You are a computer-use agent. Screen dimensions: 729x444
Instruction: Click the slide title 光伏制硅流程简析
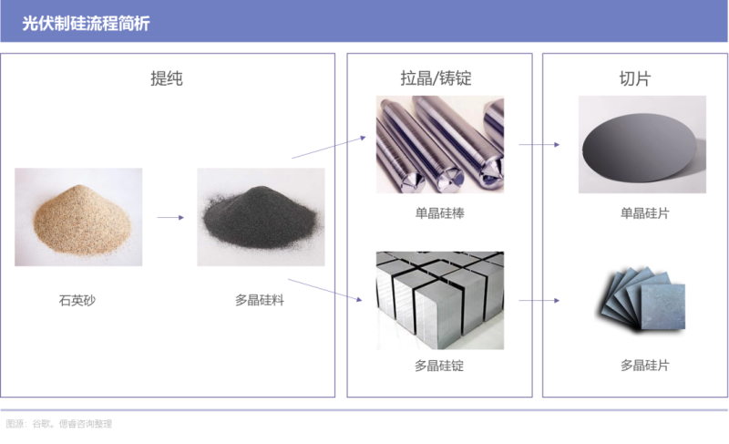(x=86, y=23)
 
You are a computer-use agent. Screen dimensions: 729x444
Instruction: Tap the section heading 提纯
(x=167, y=78)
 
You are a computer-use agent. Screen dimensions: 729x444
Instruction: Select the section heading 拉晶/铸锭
(x=436, y=78)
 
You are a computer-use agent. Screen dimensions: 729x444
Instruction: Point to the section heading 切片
(x=634, y=78)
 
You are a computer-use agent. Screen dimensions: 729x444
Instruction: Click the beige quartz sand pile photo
(x=78, y=217)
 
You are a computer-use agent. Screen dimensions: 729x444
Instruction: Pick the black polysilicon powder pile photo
(x=261, y=217)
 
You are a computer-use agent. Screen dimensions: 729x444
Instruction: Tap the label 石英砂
(x=77, y=300)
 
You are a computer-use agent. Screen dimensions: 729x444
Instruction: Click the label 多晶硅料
(x=260, y=300)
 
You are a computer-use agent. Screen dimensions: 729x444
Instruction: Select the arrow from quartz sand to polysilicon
(x=170, y=217)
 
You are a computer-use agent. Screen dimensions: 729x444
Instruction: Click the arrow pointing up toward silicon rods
(x=329, y=148)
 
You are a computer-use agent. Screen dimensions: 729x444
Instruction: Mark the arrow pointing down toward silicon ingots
(x=325, y=290)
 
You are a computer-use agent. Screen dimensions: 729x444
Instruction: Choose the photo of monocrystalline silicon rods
(x=440, y=145)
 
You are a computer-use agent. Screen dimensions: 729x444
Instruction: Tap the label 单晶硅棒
(x=439, y=213)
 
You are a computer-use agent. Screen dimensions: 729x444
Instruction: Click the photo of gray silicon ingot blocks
(x=440, y=300)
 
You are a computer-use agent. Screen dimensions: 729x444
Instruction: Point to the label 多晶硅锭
(x=439, y=366)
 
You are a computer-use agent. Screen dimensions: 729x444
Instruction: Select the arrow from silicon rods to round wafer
(x=539, y=145)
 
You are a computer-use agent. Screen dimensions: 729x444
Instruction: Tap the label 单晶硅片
(x=645, y=213)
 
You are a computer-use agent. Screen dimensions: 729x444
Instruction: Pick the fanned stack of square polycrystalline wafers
(x=641, y=298)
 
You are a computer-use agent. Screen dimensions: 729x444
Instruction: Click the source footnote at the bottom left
(x=59, y=424)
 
